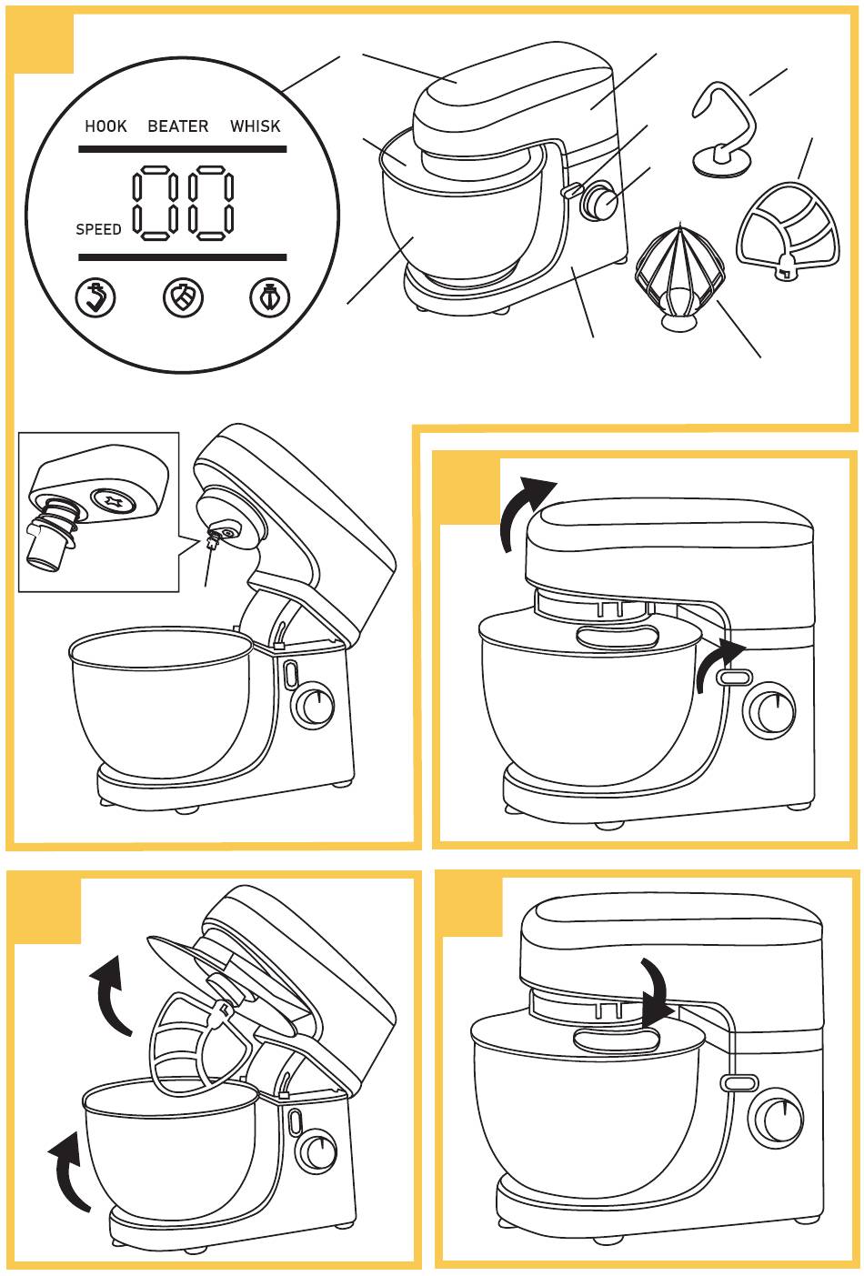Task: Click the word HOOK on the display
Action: (105, 126)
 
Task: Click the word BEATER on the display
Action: (178, 126)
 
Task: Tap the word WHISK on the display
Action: (256, 126)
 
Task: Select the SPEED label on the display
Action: (98, 230)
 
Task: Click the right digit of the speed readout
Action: (210, 203)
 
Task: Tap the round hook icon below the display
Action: (95, 297)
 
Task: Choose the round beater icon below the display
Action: (183, 297)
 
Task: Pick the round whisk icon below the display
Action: (270, 297)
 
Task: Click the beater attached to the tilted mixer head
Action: (186, 1046)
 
